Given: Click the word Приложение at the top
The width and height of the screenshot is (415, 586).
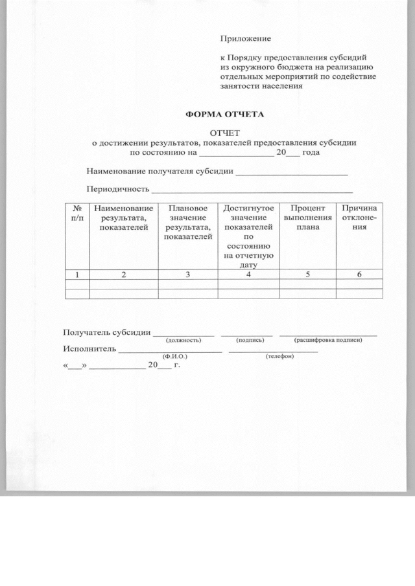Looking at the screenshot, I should click(x=245, y=41).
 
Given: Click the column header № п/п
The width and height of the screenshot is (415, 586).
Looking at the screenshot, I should click(x=77, y=214).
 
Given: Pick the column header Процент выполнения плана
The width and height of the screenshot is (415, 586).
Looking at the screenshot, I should click(x=307, y=220).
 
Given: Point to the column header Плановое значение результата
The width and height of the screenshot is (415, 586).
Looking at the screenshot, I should click(x=187, y=223).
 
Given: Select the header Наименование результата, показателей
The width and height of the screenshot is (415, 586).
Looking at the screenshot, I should click(x=123, y=220).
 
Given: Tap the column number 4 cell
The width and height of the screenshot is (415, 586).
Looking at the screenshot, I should click(x=248, y=275).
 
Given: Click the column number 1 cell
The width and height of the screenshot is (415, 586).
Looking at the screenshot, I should click(x=77, y=275).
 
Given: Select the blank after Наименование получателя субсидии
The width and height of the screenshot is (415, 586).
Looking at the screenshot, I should click(x=292, y=174).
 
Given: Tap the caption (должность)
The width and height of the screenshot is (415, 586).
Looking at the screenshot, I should click(x=184, y=340).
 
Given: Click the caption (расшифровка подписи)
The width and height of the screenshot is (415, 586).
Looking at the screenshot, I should click(x=327, y=340).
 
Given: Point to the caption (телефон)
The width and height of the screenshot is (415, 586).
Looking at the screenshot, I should click(x=279, y=357).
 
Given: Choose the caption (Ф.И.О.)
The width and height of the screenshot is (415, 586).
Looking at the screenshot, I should click(x=174, y=357).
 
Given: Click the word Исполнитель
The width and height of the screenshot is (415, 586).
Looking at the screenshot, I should click(x=89, y=350).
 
